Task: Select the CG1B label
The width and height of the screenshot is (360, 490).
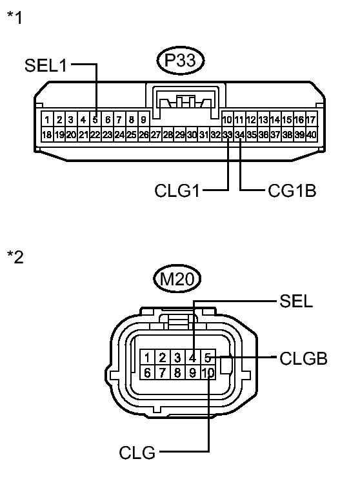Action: [292, 191]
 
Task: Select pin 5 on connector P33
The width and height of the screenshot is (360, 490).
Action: [95, 119]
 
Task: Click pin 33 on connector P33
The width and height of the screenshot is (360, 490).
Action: [227, 134]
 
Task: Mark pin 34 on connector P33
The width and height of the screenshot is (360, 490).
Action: [239, 134]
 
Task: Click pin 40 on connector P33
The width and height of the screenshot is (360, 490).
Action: [312, 134]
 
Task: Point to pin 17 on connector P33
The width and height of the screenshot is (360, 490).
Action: [311, 119]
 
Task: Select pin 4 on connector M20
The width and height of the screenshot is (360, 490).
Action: [192, 358]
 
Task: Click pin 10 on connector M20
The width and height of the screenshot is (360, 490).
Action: [207, 373]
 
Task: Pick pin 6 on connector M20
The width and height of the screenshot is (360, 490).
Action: [148, 373]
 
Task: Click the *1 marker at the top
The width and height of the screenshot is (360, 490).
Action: [14, 17]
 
